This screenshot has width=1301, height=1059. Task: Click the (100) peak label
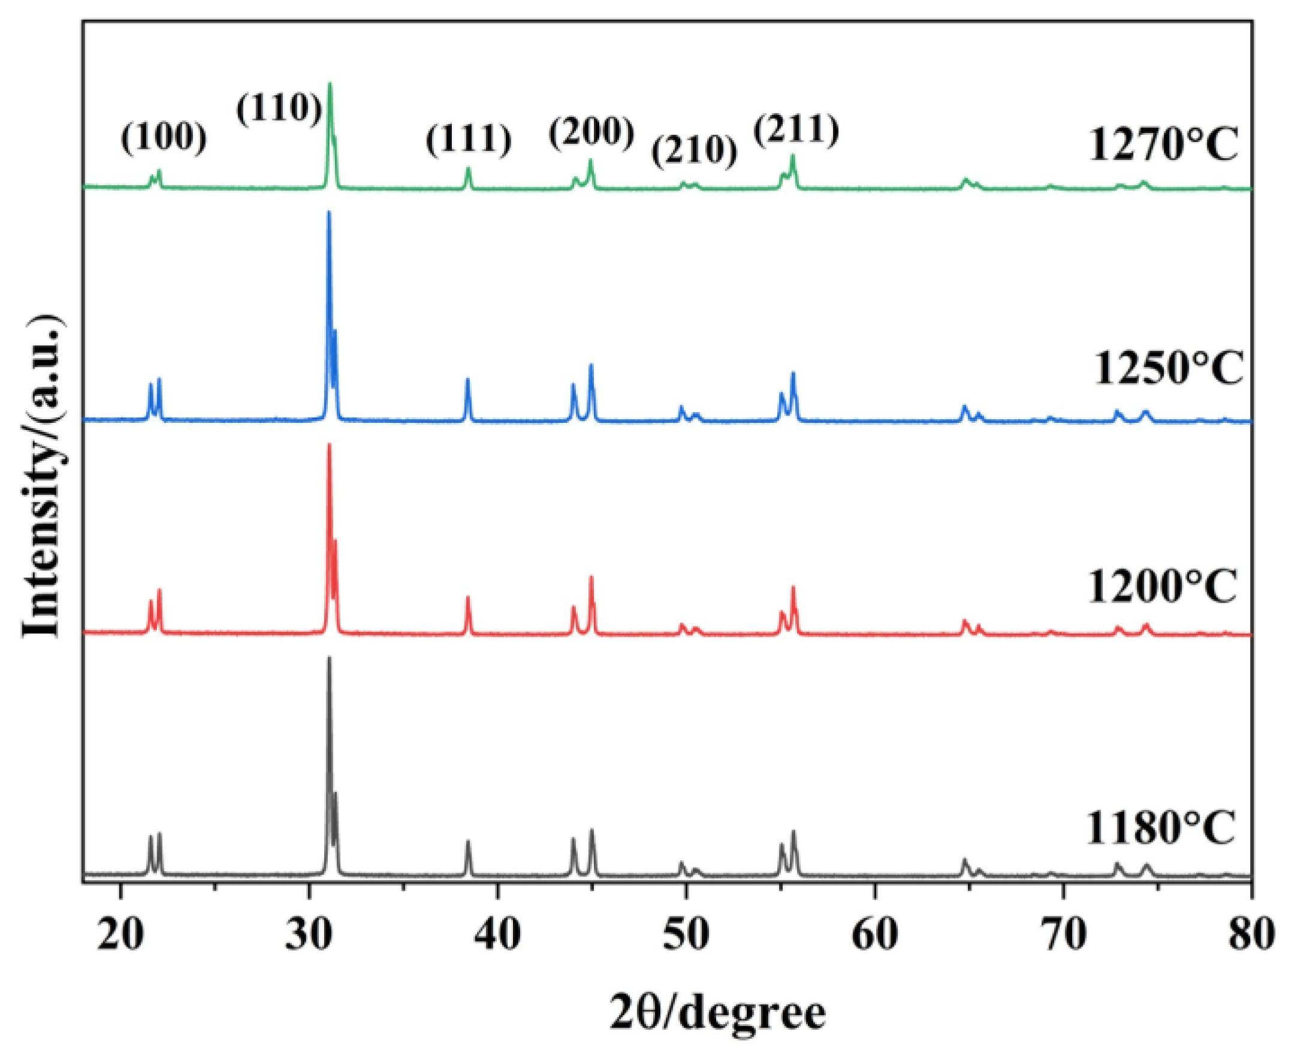164,139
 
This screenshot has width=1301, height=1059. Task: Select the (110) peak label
279,110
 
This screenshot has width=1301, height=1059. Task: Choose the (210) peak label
694,151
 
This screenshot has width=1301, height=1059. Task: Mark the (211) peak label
796,130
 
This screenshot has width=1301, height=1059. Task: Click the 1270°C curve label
1163,146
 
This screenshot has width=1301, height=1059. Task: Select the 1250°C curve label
1167,369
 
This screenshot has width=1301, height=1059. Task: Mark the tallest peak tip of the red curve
329,444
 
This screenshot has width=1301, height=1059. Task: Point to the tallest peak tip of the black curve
329,658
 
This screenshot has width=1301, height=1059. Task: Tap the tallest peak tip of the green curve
330,83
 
